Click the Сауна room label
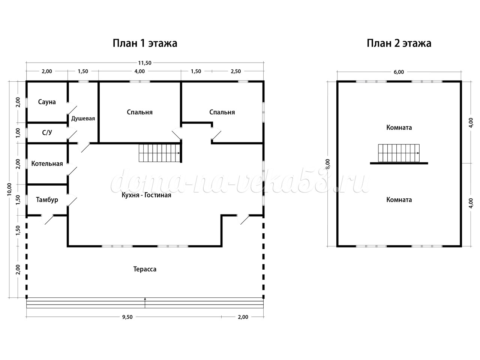[47, 102]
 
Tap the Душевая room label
[83, 118]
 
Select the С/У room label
[47, 132]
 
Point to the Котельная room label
[47, 163]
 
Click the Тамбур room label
[47, 200]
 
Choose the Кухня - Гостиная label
[146, 195]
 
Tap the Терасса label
[145, 269]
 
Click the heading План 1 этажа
[145, 43]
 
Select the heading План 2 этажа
[399, 43]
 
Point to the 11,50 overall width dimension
[145, 63]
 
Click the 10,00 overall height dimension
[9, 189]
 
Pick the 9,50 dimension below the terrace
[127, 317]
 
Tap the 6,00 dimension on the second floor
[399, 72]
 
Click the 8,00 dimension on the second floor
[328, 164]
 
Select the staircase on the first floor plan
[160, 153]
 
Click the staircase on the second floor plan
[399, 153]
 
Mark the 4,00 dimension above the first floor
[139, 71]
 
